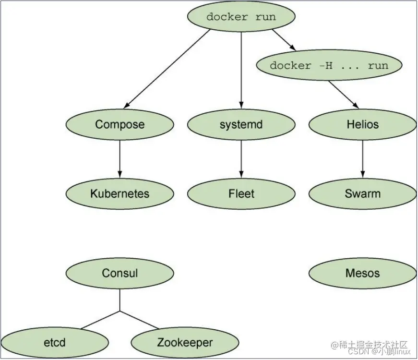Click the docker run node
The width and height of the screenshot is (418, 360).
pyautogui.click(x=241, y=17)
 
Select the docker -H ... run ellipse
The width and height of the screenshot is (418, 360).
pyautogui.click(x=329, y=66)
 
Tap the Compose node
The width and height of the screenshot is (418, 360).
pyautogui.click(x=119, y=125)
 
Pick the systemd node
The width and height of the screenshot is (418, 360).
pyautogui.click(x=241, y=125)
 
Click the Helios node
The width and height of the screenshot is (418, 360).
pyautogui.click(x=362, y=125)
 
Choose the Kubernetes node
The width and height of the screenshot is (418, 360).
pyautogui.click(x=119, y=194)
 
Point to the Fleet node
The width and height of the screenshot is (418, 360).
pyautogui.click(x=241, y=194)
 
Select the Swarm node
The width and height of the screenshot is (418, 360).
pyautogui.click(x=362, y=194)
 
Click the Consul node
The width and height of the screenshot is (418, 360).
pyautogui.click(x=119, y=274)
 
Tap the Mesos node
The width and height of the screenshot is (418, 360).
pyautogui.click(x=362, y=274)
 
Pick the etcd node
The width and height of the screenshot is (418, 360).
pyautogui.click(x=54, y=343)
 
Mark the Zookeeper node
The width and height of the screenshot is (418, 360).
pyautogui.click(x=185, y=343)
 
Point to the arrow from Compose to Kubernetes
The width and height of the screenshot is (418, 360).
pyautogui.click(x=119, y=159)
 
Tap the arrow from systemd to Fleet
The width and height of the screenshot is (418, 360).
pyautogui.click(x=241, y=159)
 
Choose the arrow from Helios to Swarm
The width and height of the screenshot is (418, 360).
pyautogui.click(x=362, y=159)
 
